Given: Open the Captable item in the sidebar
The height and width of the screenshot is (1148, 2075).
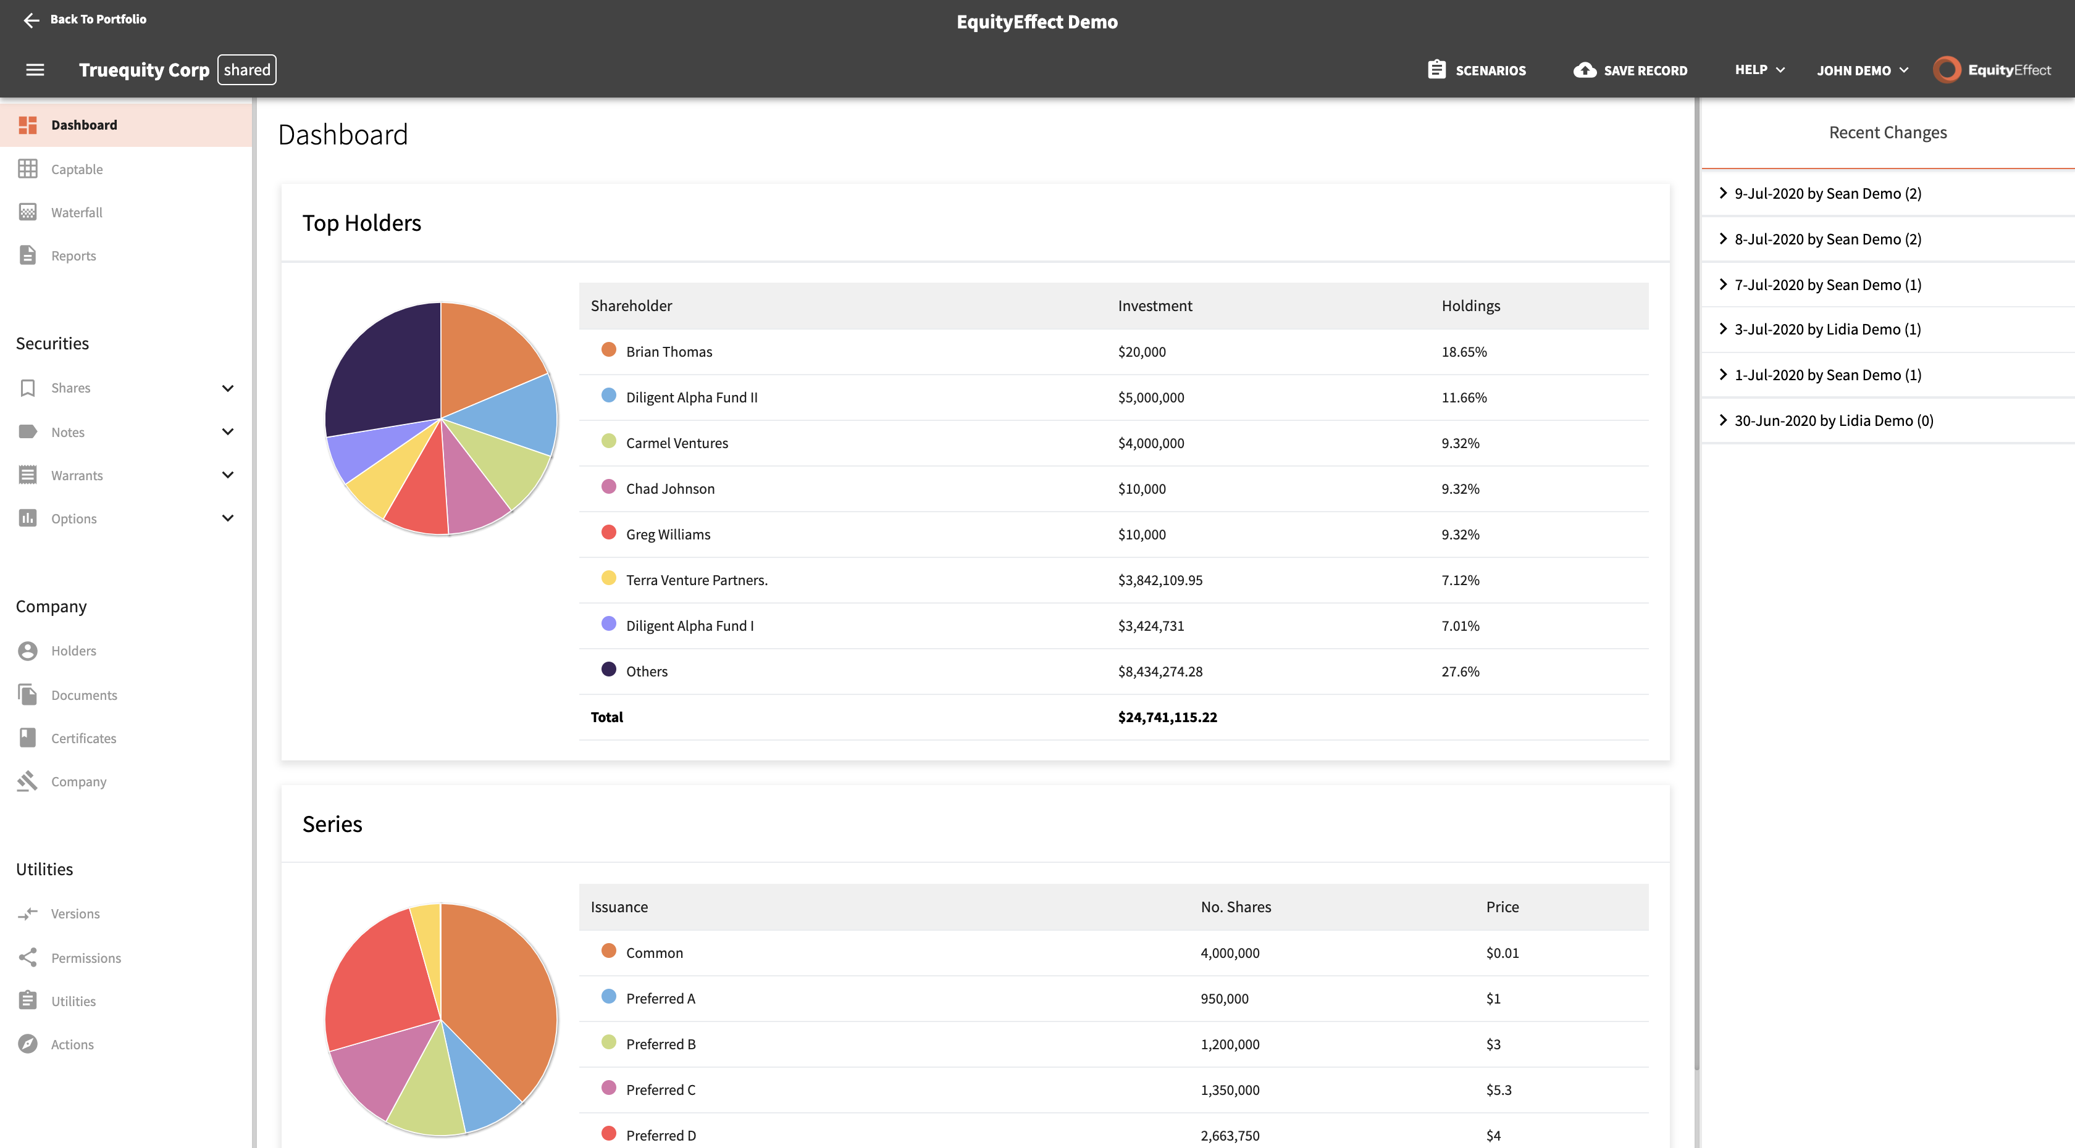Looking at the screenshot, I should click(x=77, y=169).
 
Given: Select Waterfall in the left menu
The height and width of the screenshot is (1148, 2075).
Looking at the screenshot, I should click(x=77, y=212).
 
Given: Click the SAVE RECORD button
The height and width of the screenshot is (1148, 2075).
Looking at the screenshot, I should click(x=1630, y=70).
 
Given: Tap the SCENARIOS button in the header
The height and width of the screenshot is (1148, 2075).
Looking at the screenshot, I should click(x=1477, y=70).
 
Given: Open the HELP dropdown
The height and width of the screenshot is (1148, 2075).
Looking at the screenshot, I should click(x=1759, y=70).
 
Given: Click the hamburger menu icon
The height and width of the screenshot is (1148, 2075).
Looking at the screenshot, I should click(x=35, y=70).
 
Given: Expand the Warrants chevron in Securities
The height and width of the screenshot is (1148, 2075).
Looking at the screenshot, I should click(x=228, y=475).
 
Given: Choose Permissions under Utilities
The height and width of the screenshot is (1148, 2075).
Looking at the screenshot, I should click(x=85, y=958).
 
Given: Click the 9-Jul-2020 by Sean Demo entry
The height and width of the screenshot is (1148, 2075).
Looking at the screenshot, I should click(x=1827, y=193).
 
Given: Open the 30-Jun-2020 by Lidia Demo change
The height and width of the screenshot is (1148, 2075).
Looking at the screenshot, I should click(x=1834, y=420).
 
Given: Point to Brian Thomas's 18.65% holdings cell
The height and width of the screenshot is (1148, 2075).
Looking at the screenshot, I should click(x=1464, y=352).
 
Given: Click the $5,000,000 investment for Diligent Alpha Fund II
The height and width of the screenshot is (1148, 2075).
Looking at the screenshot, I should click(x=1151, y=397).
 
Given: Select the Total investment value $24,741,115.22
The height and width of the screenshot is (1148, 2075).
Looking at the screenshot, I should click(x=1167, y=717).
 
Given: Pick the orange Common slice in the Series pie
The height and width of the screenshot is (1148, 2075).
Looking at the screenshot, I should click(x=500, y=1006).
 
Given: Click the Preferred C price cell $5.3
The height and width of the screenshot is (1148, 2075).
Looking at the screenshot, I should click(x=1498, y=1090).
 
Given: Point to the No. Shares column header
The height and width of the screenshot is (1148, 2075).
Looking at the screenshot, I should click(x=1236, y=907).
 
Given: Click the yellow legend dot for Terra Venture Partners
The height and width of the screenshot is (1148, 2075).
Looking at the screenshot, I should click(x=609, y=578).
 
